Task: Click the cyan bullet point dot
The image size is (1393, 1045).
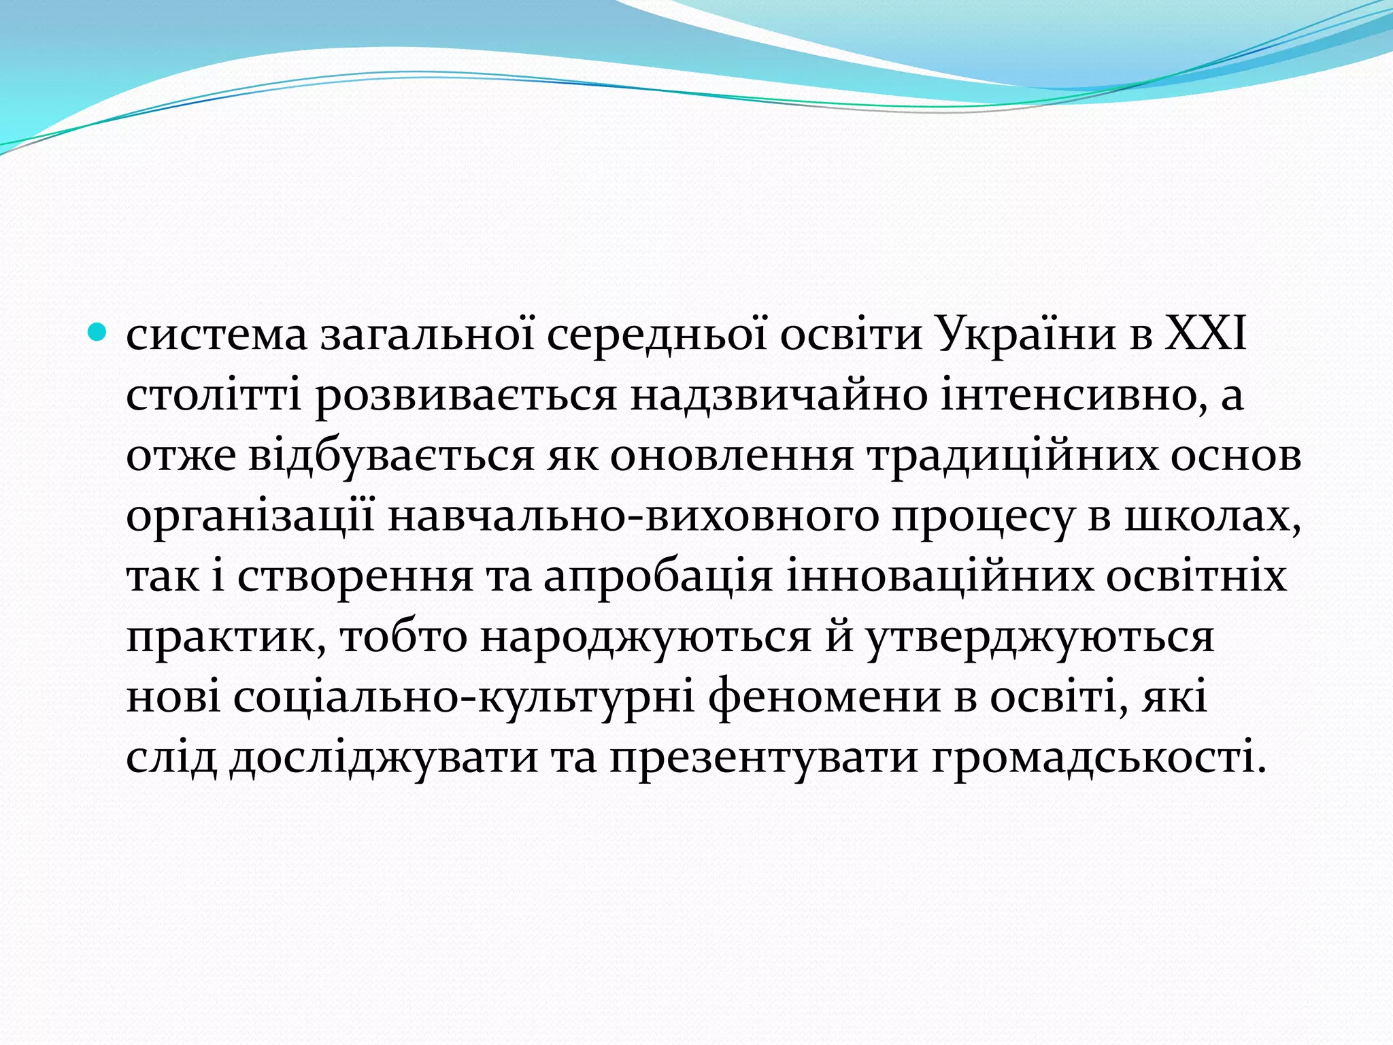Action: click(x=99, y=333)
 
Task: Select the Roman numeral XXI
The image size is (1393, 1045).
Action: click(x=1206, y=335)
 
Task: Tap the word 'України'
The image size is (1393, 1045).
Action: click(x=1026, y=335)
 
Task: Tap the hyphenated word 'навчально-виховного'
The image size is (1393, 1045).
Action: click(x=633, y=517)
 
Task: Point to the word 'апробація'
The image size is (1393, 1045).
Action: click(x=658, y=577)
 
